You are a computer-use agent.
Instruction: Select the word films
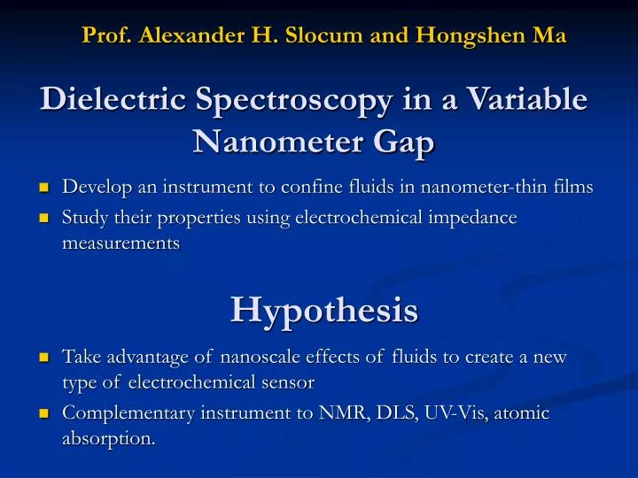coord(572,187)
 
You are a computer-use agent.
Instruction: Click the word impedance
coord(473,218)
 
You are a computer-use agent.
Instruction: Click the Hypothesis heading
coord(324,310)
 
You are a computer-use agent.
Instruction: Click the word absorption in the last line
coord(108,438)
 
